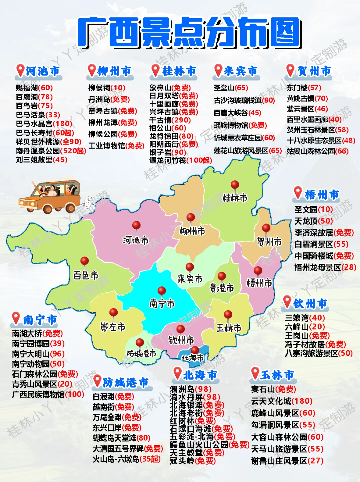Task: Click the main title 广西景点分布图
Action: point(189,32)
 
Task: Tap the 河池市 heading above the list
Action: point(42,71)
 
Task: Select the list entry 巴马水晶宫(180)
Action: point(44,124)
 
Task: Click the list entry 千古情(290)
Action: point(170,120)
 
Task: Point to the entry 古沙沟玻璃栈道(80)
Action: point(244,100)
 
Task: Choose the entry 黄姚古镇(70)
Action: point(307,99)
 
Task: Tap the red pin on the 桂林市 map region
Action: point(235,185)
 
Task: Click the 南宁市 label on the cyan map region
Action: point(162,303)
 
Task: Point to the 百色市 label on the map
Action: point(86,275)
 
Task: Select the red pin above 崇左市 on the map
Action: point(114,312)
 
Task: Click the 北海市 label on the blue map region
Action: point(192,358)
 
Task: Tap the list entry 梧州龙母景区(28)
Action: point(325,267)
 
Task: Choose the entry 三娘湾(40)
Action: point(305,318)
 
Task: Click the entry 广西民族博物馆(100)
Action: point(48,394)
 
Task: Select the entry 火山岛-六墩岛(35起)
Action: point(127,459)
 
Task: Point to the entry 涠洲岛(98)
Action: point(191,389)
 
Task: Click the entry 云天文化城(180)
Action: point(282,401)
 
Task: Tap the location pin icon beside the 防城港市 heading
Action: point(97,381)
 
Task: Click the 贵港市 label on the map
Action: point(222,288)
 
